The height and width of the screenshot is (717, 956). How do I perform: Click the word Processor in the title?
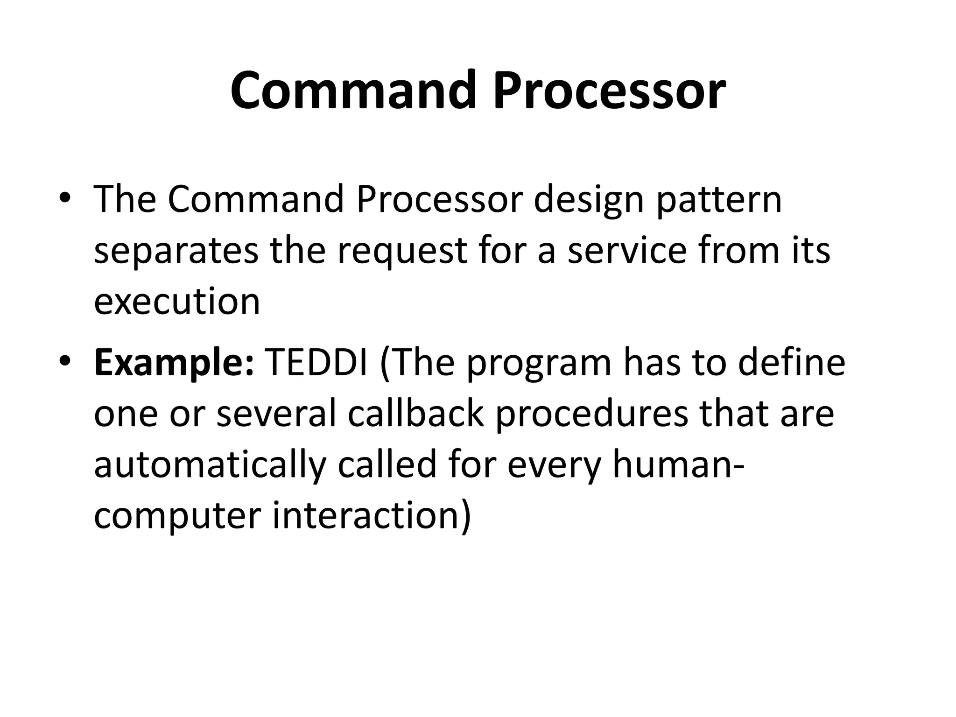pyautogui.click(x=609, y=90)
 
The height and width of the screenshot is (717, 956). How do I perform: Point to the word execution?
pyautogui.click(x=177, y=301)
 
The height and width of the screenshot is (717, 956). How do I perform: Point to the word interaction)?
pyautogui.click(x=372, y=516)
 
